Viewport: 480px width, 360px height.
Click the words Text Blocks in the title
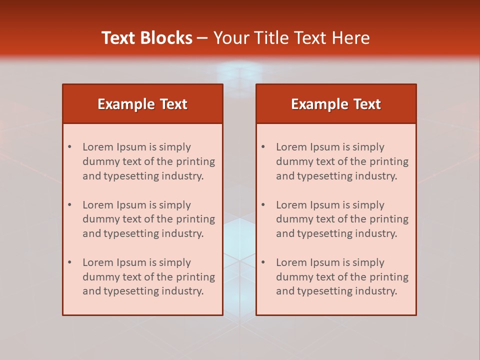coord(147,38)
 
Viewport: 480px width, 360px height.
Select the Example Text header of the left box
coord(142,104)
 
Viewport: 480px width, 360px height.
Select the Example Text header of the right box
coord(336,104)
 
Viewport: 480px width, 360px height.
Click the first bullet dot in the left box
coord(69,147)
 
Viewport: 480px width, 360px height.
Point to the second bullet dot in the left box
coord(69,205)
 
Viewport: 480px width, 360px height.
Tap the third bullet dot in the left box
coord(69,262)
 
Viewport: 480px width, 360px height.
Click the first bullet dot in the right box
coord(263,147)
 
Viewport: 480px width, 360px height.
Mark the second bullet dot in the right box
coord(263,205)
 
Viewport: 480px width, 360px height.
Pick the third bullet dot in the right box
coord(263,262)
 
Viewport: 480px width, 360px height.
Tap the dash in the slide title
coord(202,38)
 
